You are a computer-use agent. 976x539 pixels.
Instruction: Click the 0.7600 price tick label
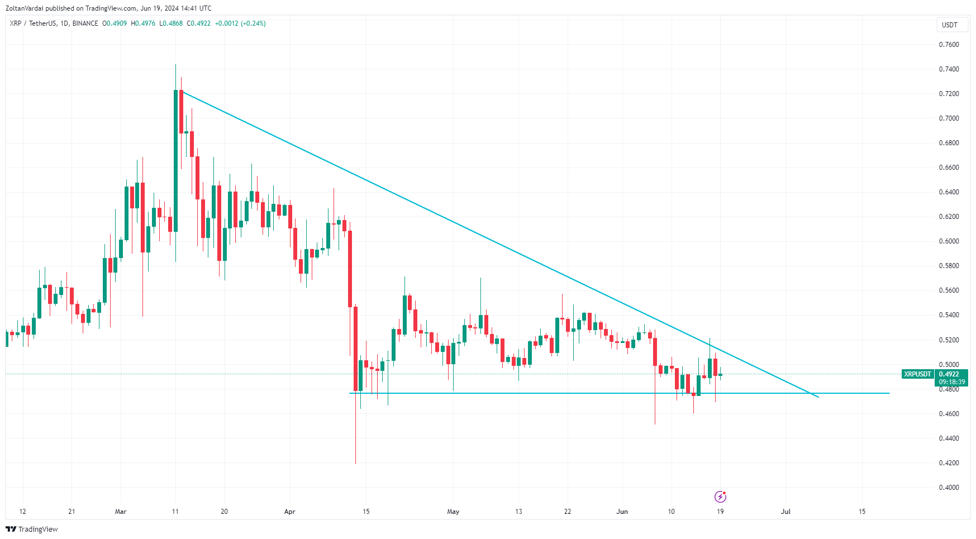949,45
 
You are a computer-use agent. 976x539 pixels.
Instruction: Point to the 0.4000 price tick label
949,488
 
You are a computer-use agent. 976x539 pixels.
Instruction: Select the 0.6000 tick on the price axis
949,241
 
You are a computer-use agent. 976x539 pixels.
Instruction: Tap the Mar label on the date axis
121,512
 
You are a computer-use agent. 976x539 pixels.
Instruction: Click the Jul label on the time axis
785,512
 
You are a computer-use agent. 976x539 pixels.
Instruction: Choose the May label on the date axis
453,512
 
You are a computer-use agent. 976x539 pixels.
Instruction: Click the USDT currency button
950,25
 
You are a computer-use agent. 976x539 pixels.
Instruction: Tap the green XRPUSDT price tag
917,374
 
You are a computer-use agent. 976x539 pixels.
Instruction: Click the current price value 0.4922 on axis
949,374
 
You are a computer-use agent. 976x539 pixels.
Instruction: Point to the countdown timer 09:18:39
952,382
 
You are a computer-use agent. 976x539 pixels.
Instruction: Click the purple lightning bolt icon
720,497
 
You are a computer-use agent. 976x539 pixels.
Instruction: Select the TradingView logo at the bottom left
32,529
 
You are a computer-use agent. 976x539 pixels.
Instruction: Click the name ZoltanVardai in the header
24,8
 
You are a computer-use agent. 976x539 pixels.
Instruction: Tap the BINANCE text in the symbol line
85,23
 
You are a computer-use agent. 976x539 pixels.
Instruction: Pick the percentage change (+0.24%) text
253,23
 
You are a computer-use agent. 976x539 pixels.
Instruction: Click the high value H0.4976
143,23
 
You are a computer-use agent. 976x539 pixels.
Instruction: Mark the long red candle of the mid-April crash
350,268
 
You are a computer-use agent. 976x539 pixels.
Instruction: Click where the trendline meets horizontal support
810,393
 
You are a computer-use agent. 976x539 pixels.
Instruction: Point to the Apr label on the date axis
289,512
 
